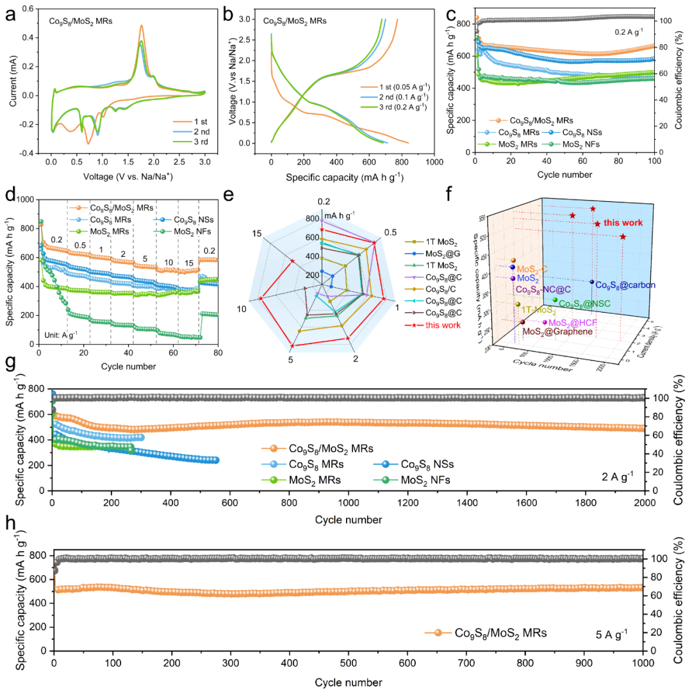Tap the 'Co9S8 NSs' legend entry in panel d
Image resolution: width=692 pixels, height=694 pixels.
tap(187, 220)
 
